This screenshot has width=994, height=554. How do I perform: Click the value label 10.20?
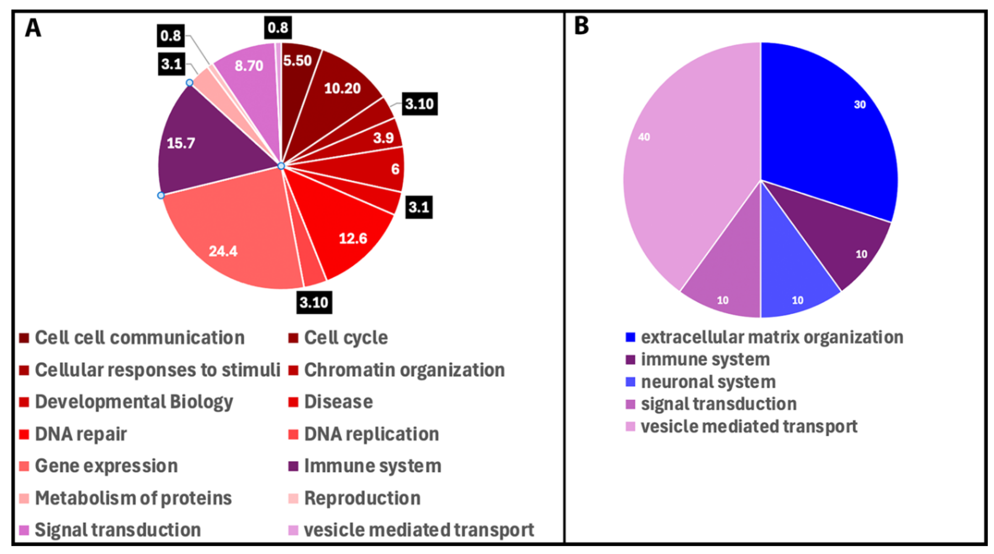(342, 88)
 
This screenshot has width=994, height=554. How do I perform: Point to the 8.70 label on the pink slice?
(249, 66)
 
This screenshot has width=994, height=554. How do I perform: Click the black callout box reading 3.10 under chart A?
(314, 302)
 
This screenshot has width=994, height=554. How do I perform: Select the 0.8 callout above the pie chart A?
(278, 27)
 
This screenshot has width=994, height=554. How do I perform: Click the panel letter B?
(582, 26)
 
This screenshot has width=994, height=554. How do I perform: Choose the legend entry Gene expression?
(106, 466)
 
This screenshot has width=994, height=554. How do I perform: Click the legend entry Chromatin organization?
(404, 370)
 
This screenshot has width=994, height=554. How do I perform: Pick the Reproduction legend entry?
(362, 498)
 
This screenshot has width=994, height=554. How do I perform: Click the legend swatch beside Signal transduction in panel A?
(24, 530)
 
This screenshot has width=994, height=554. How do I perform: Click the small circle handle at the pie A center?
(281, 166)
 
